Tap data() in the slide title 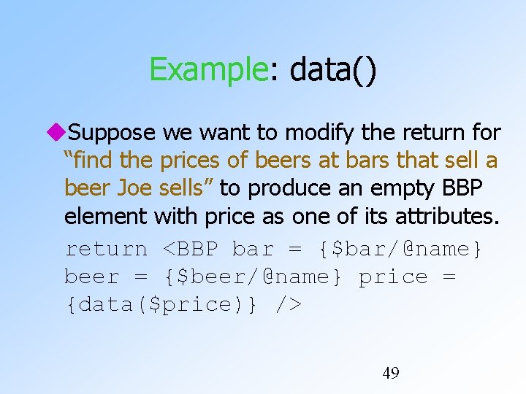coord(333,71)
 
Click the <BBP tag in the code coord(190,249)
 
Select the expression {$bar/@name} coord(401,249)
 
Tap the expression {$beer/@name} coord(254,277)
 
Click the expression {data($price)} coord(161,304)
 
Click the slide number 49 coord(391,374)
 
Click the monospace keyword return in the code coord(107,249)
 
